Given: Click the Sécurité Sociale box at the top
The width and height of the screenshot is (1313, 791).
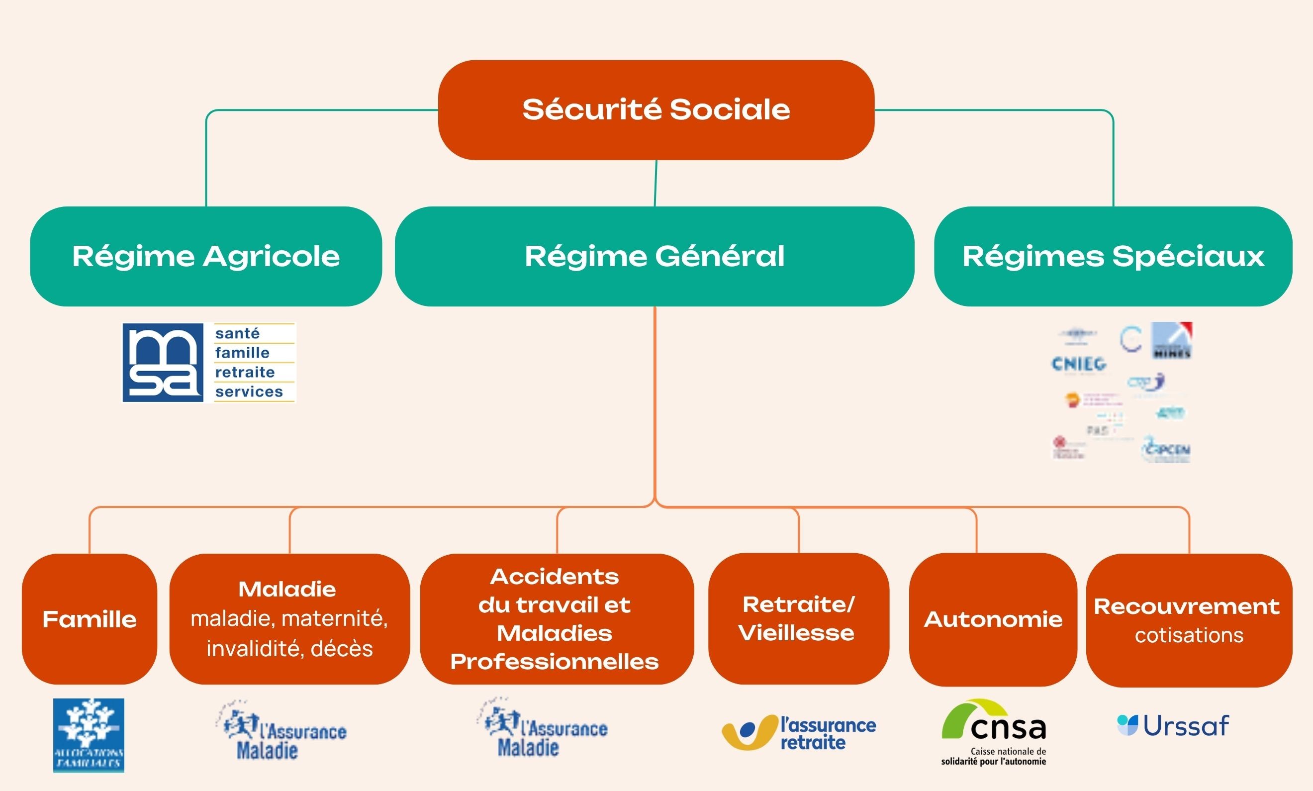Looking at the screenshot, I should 656,110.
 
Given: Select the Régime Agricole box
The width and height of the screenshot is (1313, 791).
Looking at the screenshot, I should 206,256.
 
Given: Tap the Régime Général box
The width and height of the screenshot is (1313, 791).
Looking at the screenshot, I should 655,256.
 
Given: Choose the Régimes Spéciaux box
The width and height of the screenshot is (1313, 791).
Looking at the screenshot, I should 1113,256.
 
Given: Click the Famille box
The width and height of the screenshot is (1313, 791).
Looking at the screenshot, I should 90,619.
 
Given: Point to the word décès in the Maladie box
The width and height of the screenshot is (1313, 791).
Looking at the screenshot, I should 342,649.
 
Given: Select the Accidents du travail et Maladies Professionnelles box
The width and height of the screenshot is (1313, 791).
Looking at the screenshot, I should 557,619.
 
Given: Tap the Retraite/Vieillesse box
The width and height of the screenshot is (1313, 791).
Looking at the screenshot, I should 798,619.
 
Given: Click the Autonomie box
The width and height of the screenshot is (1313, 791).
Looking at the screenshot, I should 992,619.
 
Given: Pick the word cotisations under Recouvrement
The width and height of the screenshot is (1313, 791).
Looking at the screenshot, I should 1189,635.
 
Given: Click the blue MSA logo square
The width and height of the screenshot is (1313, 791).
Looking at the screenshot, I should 163,363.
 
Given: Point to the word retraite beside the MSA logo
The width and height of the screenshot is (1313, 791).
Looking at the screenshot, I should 245,372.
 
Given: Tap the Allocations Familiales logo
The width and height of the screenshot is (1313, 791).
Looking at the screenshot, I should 89,735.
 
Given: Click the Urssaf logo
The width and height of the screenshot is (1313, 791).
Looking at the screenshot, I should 1173,726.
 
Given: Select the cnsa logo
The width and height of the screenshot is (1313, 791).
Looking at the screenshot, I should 993,731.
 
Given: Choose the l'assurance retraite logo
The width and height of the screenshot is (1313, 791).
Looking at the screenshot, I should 798,733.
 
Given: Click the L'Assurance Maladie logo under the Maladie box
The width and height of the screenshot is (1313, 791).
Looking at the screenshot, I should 282,731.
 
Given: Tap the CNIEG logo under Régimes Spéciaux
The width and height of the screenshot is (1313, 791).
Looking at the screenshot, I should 1079,364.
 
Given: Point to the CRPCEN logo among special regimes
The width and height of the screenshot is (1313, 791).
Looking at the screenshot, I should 1166,449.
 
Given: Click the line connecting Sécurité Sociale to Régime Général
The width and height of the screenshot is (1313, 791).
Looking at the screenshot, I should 656,183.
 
